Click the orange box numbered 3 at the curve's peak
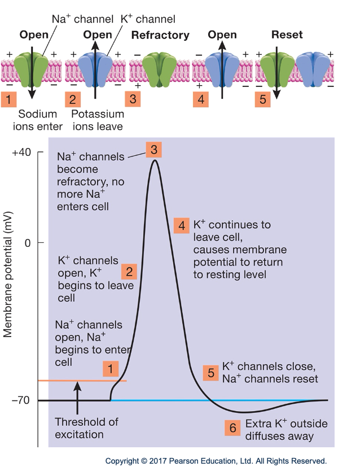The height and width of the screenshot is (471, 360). (x=153, y=149)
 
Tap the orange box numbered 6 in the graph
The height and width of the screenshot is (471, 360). (x=232, y=428)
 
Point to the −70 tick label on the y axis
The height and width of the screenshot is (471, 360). (x=21, y=400)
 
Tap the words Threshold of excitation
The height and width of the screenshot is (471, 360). (x=79, y=429)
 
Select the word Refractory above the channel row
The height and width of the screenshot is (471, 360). (x=160, y=36)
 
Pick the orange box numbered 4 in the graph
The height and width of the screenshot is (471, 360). (x=182, y=225)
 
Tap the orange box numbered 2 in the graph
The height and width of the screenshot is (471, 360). (x=129, y=271)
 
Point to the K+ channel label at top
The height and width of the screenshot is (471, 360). (x=140, y=20)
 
